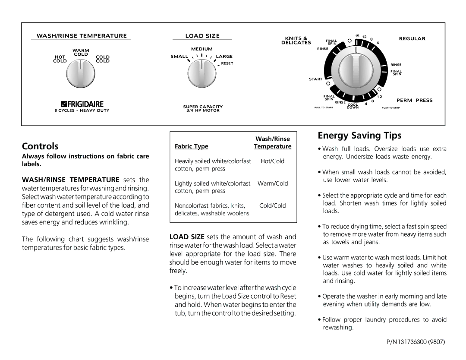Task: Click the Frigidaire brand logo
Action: [82, 104]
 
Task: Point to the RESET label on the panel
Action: [227, 63]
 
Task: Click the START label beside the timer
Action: [315, 79]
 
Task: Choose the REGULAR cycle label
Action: [412, 39]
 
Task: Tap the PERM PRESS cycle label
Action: [414, 101]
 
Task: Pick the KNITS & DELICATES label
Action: [296, 41]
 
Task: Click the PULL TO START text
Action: [324, 108]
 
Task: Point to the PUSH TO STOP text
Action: [390, 108]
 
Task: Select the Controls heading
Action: [40, 146]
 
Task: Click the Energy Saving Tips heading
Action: [359, 136]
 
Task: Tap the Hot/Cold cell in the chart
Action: [272, 161]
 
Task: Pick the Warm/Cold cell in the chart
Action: [273, 183]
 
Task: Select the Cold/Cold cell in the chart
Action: [272, 206]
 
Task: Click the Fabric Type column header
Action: [191, 146]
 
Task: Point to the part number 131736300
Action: [416, 342]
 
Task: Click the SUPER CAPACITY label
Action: [203, 107]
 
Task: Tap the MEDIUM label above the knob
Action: [202, 49]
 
